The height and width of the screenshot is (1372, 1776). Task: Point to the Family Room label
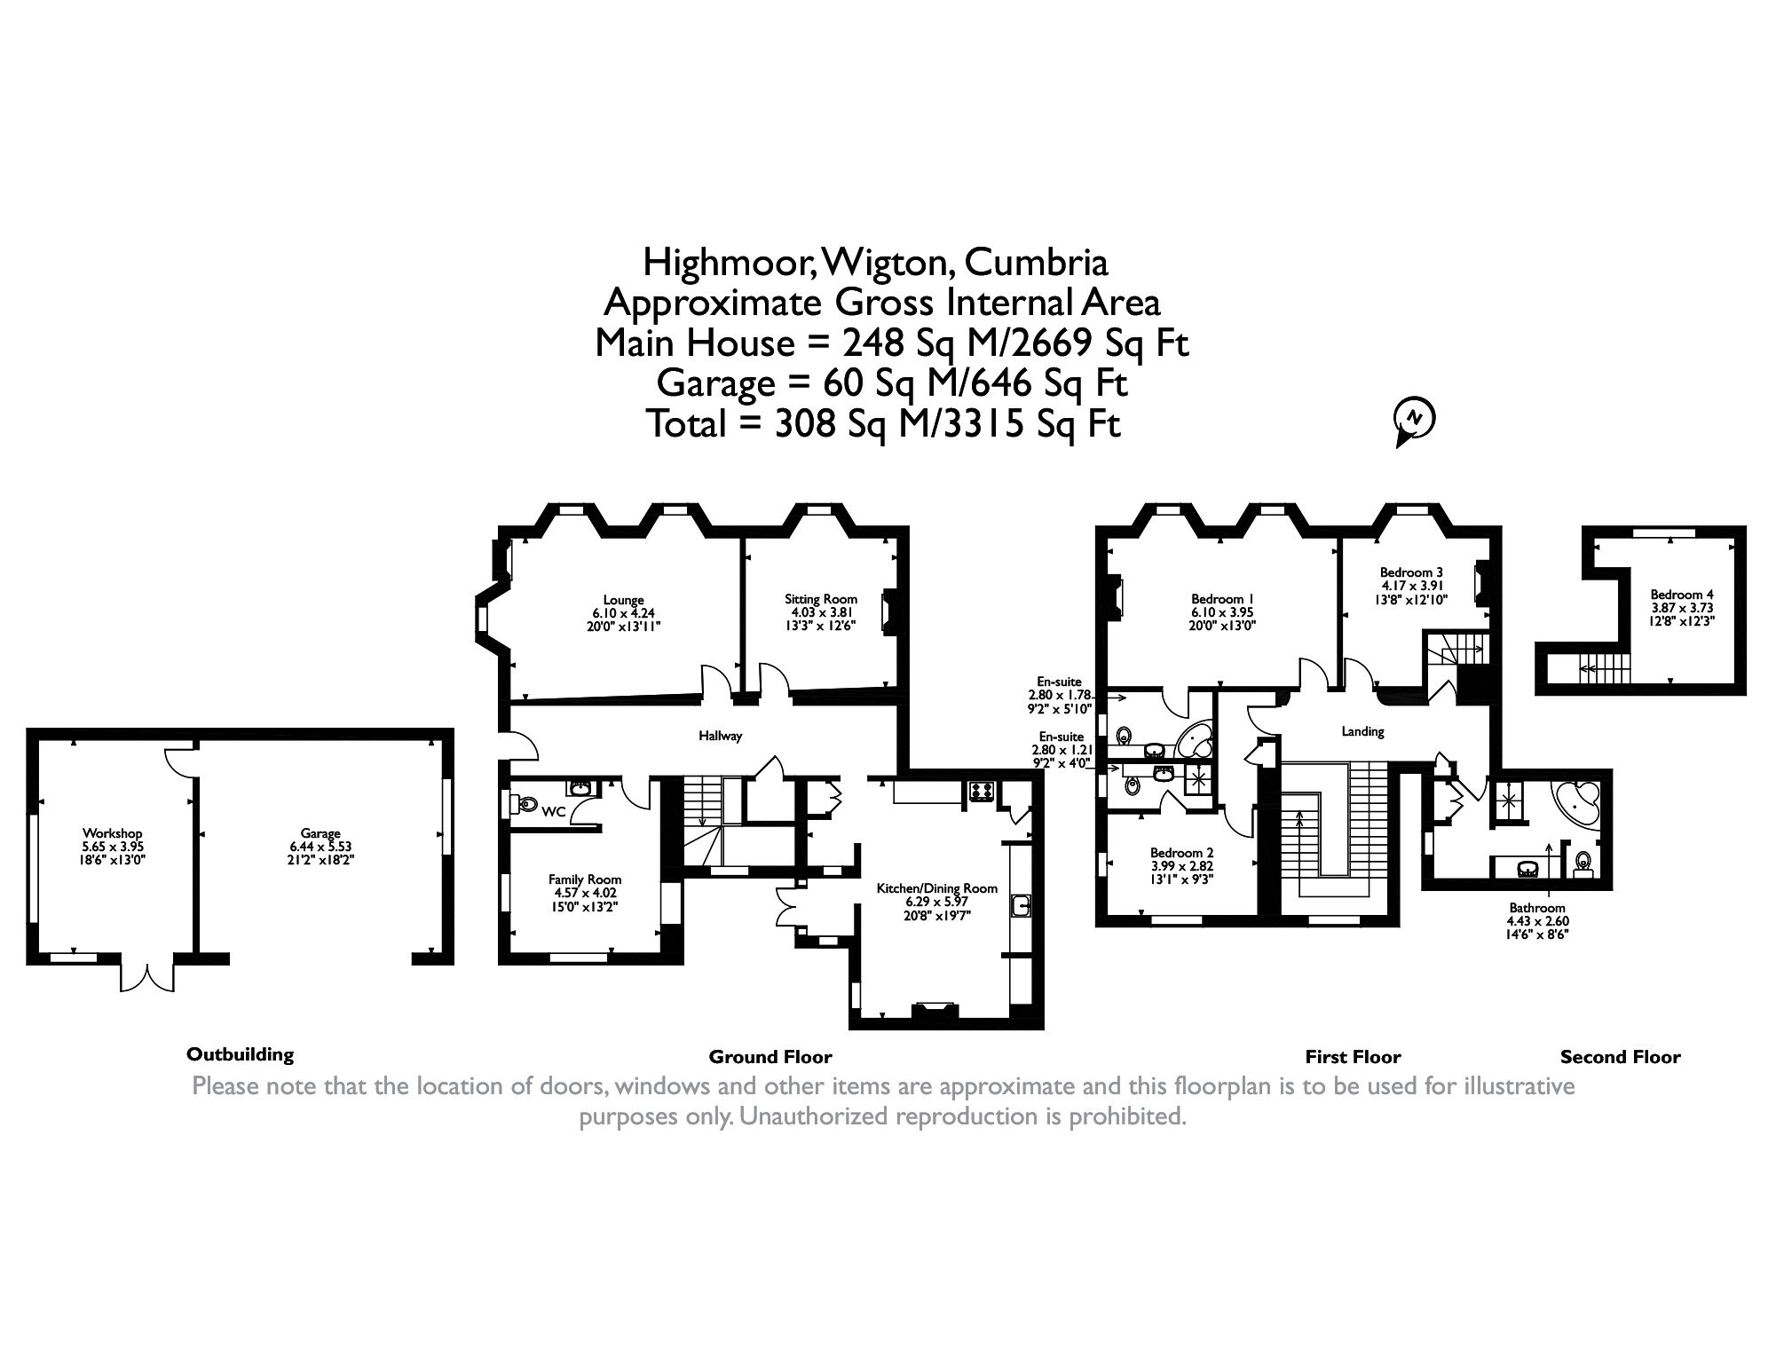click(585, 879)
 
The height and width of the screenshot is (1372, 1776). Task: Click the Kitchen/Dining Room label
click(936, 888)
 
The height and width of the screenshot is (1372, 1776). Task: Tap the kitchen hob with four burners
click(982, 792)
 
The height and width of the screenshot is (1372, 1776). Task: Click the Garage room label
click(320, 833)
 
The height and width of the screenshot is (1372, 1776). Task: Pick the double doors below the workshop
click(147, 975)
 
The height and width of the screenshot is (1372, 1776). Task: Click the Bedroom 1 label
click(1222, 599)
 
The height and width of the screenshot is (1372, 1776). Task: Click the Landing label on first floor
click(1362, 731)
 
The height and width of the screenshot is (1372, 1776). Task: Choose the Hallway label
click(720, 736)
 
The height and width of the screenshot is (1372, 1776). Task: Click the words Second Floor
click(1620, 1057)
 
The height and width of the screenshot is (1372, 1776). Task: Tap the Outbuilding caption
click(240, 1054)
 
